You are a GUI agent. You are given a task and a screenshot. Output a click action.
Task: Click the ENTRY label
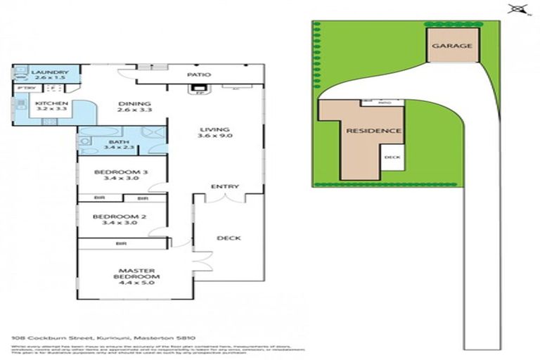225,186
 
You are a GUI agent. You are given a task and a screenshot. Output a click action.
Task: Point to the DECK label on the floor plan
229,238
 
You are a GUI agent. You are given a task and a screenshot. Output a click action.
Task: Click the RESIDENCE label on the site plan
373,131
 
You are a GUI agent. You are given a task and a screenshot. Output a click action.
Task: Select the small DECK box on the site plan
392,158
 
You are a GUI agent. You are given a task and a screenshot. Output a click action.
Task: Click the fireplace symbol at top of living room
199,89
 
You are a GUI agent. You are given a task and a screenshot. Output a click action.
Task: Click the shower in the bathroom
153,134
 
